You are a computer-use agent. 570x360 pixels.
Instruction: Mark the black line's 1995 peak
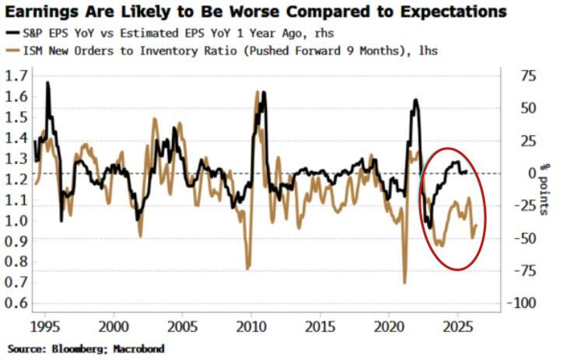pyautogui.click(x=48, y=82)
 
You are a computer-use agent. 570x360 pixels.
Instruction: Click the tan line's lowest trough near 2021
pyautogui.click(x=404, y=282)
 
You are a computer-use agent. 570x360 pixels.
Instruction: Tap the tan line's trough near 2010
pyautogui.click(x=248, y=269)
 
